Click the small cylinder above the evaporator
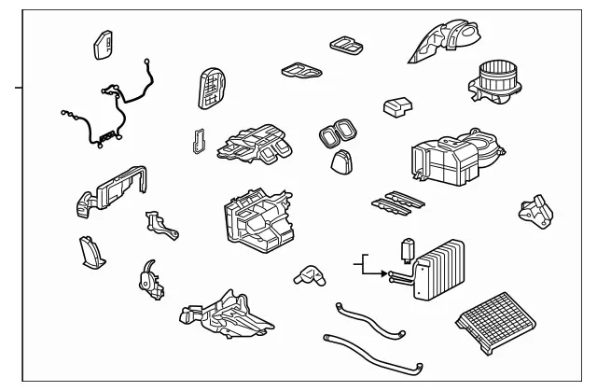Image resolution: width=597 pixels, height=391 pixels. tap(406, 250)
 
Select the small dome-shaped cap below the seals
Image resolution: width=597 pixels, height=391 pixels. tap(341, 162)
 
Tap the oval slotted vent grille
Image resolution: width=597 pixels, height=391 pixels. tap(214, 91)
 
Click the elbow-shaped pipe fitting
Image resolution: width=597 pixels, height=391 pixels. tap(308, 274)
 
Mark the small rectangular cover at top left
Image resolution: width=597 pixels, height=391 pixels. tap(104, 46)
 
